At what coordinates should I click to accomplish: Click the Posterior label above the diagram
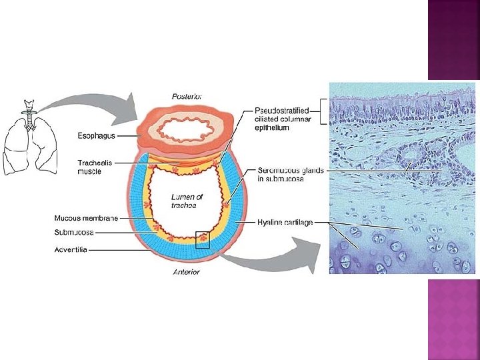click(x=187, y=96)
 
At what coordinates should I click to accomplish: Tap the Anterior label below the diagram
click(x=186, y=271)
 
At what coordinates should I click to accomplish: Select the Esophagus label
click(x=96, y=136)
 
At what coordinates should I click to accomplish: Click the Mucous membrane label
click(x=86, y=218)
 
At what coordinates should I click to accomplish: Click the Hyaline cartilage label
click(x=285, y=222)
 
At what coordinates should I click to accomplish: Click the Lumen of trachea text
click(x=187, y=201)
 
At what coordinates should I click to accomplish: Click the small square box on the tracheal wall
click(x=203, y=240)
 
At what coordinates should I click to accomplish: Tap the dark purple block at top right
click(x=453, y=40)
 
